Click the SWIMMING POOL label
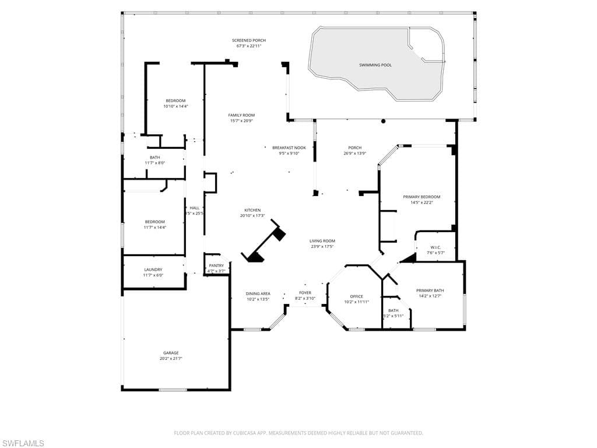coord(375,65)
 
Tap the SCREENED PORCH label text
coord(249,40)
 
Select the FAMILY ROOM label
coord(241,115)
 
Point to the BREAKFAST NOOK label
coord(289,148)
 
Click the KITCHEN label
coord(252,210)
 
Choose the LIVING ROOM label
coord(322,241)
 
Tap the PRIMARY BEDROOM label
coord(422,197)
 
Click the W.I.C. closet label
coord(436,247)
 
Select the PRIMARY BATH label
coord(430,290)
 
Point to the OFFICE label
coord(356,296)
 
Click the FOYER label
coord(305,293)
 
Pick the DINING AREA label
coord(258,294)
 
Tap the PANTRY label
coord(216,265)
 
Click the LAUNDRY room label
coord(153,269)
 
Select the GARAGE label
coord(171,353)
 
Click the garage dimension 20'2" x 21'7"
coord(171,359)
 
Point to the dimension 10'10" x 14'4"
coord(175,106)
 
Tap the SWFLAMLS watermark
coord(23,443)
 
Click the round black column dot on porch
coord(384,121)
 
